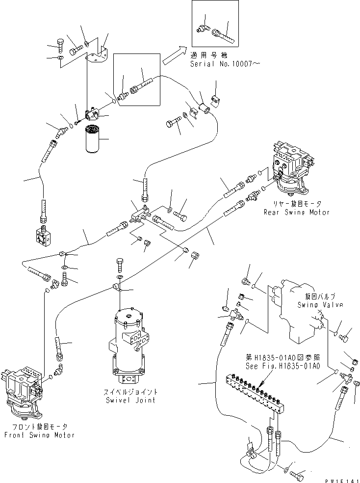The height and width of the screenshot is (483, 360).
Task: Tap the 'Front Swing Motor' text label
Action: coord(39,435)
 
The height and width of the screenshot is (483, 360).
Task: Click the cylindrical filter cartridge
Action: coord(92,140)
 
